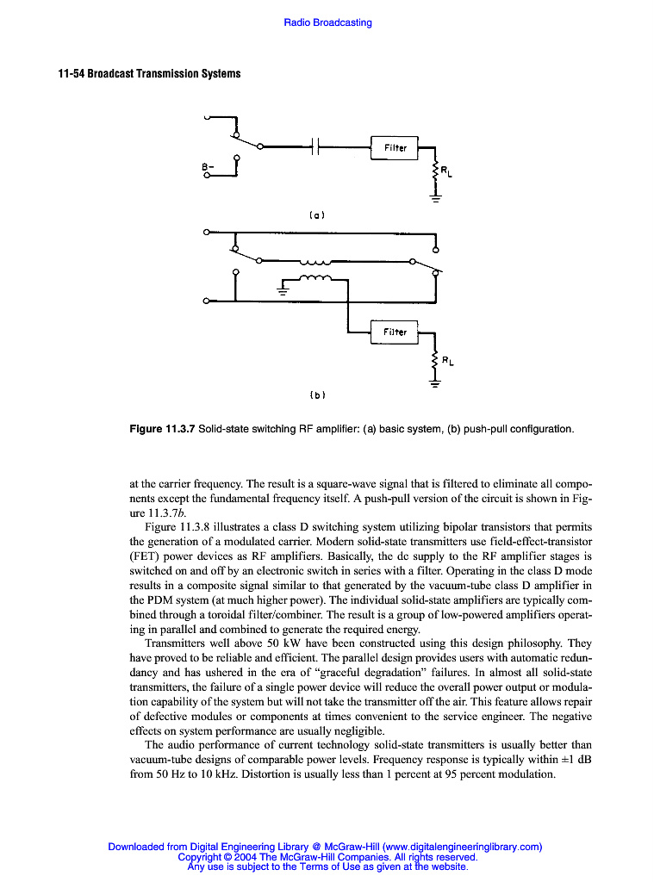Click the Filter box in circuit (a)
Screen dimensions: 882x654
pyautogui.click(x=395, y=148)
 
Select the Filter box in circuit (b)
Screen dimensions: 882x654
pyautogui.click(x=395, y=332)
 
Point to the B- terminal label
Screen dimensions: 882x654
pyautogui.click(x=207, y=165)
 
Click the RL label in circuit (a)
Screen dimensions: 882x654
pyautogui.click(x=446, y=172)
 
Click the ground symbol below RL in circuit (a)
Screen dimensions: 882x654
pyautogui.click(x=435, y=201)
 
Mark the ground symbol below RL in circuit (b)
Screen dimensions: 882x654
pyautogui.click(x=435, y=384)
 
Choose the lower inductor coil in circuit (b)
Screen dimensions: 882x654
pyautogui.click(x=315, y=278)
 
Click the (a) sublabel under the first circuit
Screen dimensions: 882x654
pyautogui.click(x=316, y=214)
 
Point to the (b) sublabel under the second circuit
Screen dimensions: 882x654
pyautogui.click(x=316, y=395)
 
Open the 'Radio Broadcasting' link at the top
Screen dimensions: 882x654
pyautogui.click(x=327, y=22)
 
